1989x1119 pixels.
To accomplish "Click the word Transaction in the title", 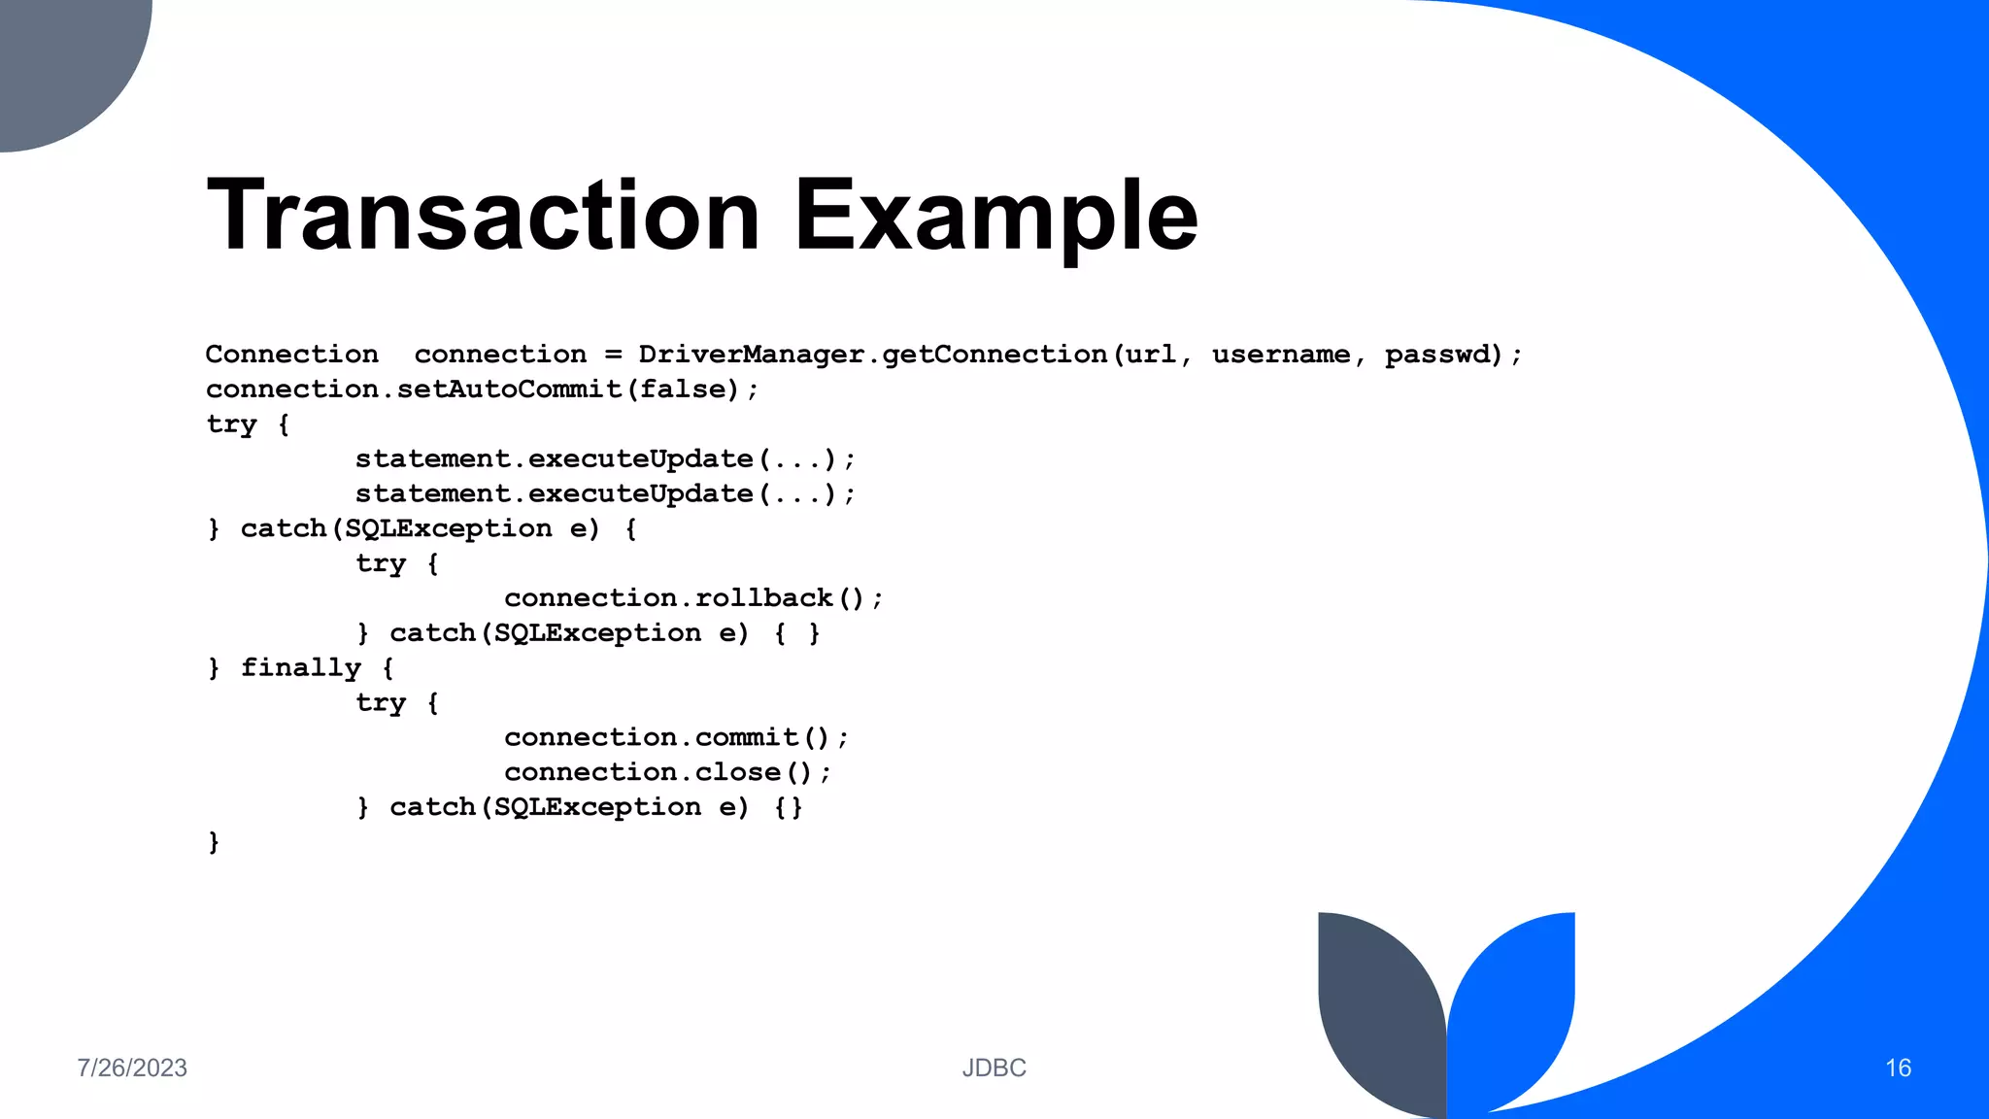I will (483, 215).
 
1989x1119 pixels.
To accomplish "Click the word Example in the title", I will (995, 217).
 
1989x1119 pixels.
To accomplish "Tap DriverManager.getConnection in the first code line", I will (872, 355).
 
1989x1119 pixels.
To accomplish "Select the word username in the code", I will (1280, 355).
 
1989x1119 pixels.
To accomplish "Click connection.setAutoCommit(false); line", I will (482, 390).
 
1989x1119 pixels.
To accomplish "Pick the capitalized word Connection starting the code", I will (291, 355).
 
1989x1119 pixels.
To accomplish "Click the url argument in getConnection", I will (1150, 355).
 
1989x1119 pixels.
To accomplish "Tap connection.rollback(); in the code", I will (693, 598).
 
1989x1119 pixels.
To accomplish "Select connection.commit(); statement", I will (676, 738).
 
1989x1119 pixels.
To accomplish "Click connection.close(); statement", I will (667, 773).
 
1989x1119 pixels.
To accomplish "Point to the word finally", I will (300, 668).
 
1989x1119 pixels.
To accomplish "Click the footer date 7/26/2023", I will (132, 1068).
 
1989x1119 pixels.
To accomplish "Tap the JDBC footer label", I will (994, 1068).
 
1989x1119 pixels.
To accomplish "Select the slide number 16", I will (1898, 1068).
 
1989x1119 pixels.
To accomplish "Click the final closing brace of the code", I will (214, 842).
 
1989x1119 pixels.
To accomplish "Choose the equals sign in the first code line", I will (613, 355).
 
